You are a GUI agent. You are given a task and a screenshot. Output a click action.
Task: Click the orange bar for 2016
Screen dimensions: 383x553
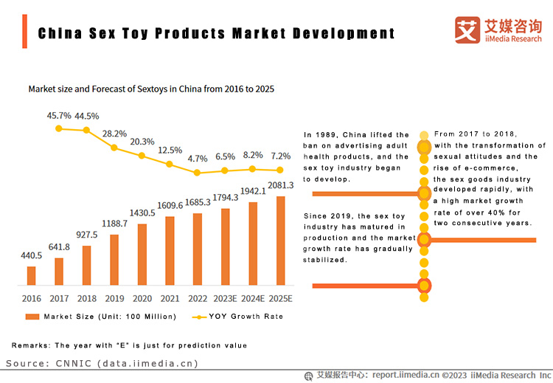click(31, 275)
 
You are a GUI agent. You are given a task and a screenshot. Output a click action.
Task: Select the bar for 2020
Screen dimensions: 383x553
click(142, 254)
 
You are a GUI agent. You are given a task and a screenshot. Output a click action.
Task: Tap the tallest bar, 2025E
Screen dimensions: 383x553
click(280, 241)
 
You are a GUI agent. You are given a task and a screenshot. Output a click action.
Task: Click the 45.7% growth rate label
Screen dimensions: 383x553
click(59, 116)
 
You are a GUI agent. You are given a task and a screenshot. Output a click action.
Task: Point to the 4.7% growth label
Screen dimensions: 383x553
click(198, 159)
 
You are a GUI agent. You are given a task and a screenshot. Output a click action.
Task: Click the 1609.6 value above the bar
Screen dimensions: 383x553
click(170, 206)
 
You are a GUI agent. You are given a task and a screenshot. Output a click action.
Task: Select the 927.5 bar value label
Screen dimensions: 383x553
click(87, 235)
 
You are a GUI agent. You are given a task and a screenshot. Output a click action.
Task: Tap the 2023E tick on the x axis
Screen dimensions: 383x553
click(225, 298)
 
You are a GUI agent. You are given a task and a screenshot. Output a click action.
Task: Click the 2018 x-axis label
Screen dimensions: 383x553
click(87, 298)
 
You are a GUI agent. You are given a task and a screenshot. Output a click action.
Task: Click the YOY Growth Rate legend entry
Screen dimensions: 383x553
click(240, 317)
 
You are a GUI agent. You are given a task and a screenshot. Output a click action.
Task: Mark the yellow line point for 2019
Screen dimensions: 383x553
click(114, 148)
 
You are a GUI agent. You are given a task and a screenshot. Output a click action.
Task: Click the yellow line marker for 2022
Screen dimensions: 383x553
click(198, 173)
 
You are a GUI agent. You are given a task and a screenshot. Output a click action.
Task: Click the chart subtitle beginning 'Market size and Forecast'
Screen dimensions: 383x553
click(151, 89)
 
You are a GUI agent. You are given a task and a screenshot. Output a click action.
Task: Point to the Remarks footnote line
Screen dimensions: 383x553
click(129, 345)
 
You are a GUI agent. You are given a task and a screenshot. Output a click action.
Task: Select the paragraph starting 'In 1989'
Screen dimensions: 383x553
click(356, 156)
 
